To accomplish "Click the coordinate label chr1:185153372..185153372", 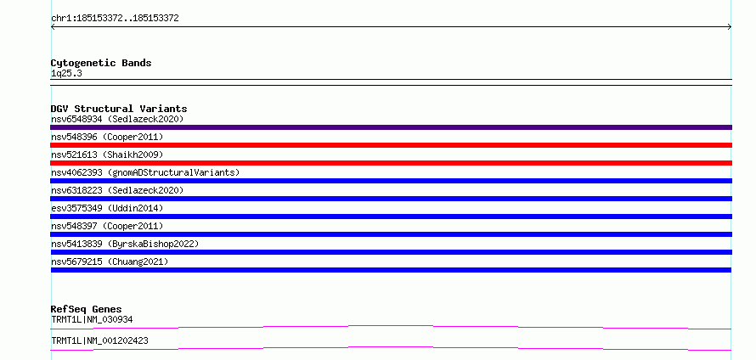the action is pyautogui.click(x=115, y=19).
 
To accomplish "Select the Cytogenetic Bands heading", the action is pyautogui.click(x=101, y=63).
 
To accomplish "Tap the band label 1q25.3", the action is pyautogui.click(x=63, y=74).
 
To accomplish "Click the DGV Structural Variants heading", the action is pyautogui.click(x=119, y=109).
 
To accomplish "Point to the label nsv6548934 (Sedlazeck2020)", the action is pyautogui.click(x=117, y=119).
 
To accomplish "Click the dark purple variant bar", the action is pyautogui.click(x=391, y=127).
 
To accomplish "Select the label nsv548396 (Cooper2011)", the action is pyautogui.click(x=107, y=137).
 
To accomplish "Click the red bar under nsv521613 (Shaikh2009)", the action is pyautogui.click(x=391, y=163).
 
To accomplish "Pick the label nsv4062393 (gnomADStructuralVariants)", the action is pyautogui.click(x=145, y=172).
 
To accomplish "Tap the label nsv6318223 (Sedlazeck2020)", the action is pyautogui.click(x=117, y=190).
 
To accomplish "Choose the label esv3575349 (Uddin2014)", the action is pyautogui.click(x=107, y=208).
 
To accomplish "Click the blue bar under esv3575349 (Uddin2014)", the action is pyautogui.click(x=391, y=217).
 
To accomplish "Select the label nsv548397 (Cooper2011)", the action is pyautogui.click(x=107, y=226).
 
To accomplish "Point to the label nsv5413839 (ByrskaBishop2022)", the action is pyautogui.click(x=125, y=244).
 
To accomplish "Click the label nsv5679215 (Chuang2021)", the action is pyautogui.click(x=110, y=262).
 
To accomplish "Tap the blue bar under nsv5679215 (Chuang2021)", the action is pyautogui.click(x=391, y=270).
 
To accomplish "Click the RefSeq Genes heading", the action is pyautogui.click(x=87, y=309).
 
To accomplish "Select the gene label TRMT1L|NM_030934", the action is pyautogui.click(x=92, y=319).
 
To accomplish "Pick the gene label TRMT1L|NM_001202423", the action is pyautogui.click(x=99, y=340).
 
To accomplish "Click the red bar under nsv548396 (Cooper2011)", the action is pyautogui.click(x=391, y=145).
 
